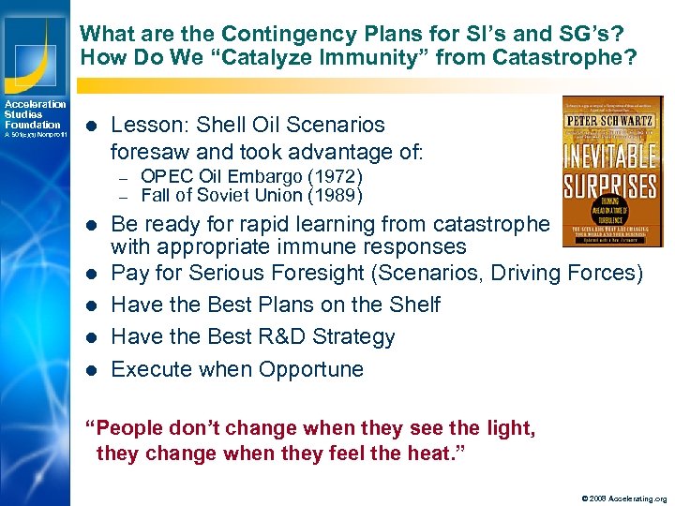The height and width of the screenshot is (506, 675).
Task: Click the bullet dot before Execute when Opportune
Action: click(x=89, y=369)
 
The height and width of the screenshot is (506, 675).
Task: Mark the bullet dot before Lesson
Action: click(x=89, y=125)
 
